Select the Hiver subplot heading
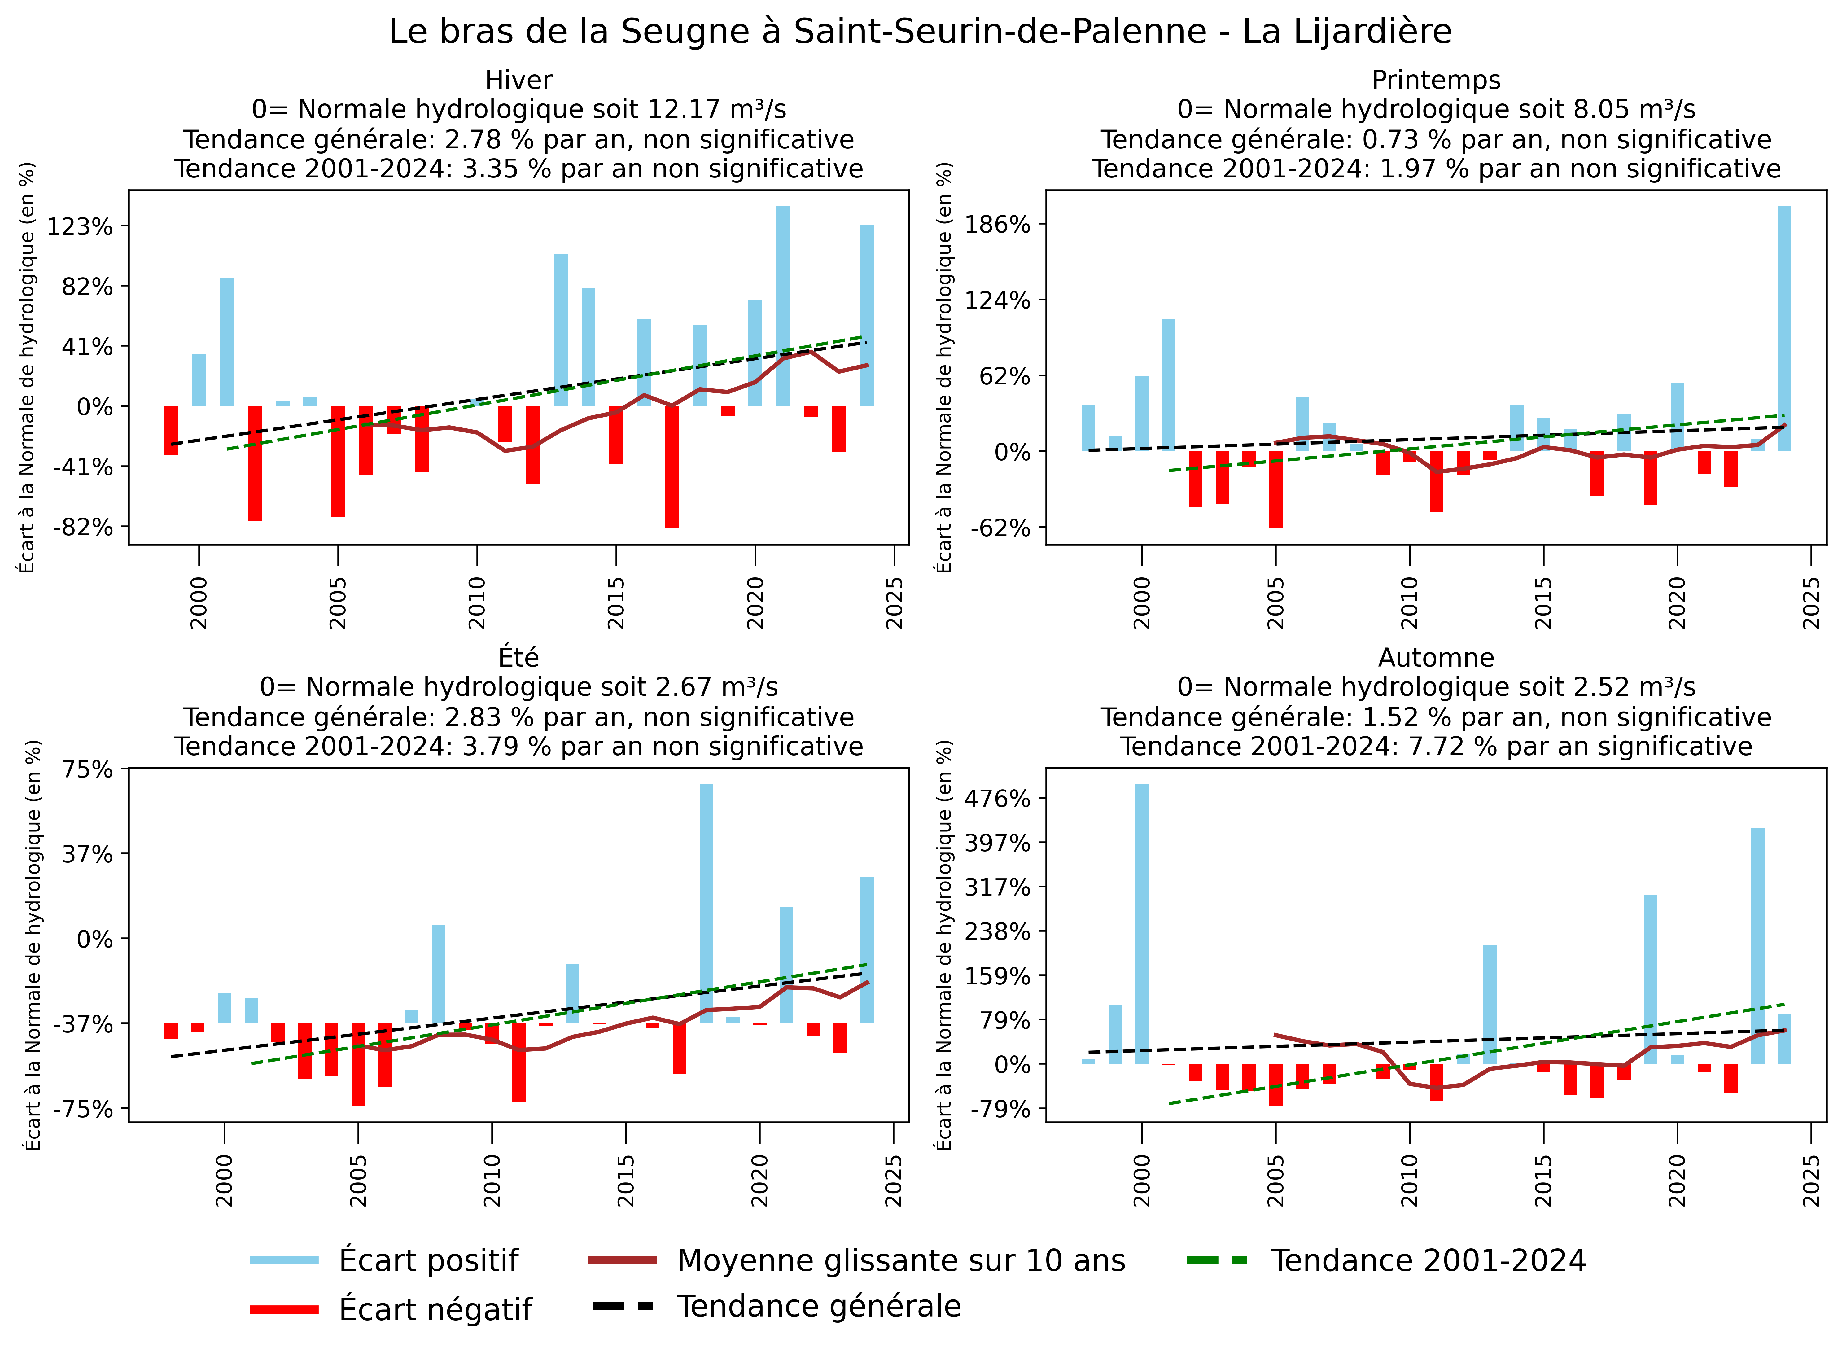point(519,80)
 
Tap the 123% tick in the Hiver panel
point(80,226)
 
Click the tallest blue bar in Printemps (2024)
point(1784,328)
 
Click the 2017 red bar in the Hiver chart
point(672,467)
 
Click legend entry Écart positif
point(429,1260)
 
